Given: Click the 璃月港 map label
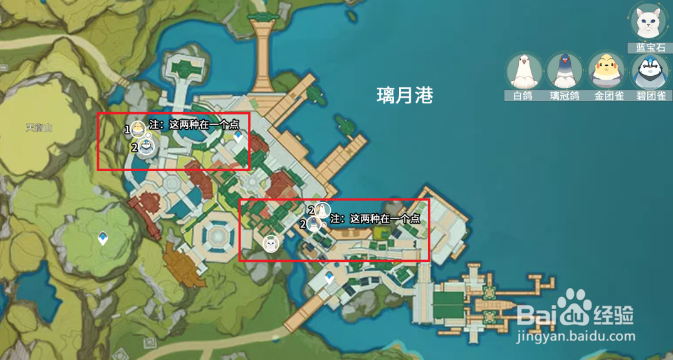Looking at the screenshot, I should pyautogui.click(x=404, y=95).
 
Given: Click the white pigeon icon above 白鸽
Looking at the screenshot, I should pyautogui.click(x=523, y=70).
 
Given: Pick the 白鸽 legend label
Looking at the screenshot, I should pyautogui.click(x=523, y=97).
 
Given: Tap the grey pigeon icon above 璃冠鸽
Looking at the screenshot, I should pyautogui.click(x=564, y=70).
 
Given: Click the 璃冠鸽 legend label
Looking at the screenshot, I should pyautogui.click(x=564, y=97).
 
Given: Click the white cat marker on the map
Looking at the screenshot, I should pyautogui.click(x=269, y=242).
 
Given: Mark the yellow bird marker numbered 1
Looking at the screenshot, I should pyautogui.click(x=138, y=128).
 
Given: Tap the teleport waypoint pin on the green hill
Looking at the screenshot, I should pyautogui.click(x=103, y=239).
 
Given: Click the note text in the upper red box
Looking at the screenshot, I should pyautogui.click(x=194, y=124).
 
